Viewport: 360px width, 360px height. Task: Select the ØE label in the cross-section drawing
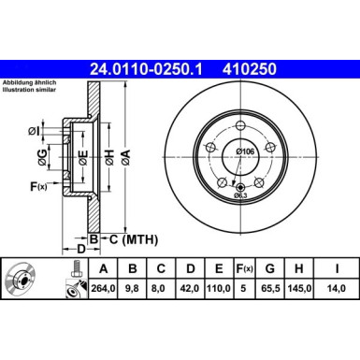pyautogui.click(x=81, y=159)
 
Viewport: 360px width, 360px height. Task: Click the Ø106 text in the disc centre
pyautogui.click(x=245, y=151)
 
